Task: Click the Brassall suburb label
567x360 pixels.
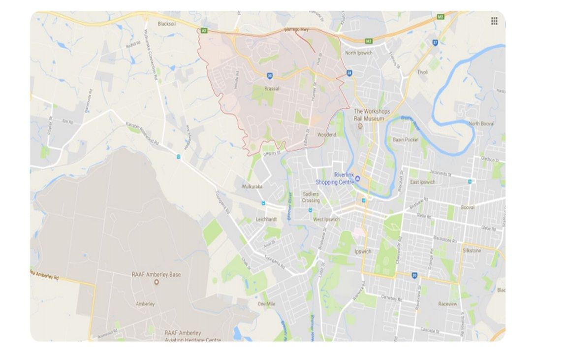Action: [x=272, y=89]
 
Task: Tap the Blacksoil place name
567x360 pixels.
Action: [x=167, y=24]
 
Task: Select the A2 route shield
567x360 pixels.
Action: [x=203, y=31]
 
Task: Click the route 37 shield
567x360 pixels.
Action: [x=435, y=42]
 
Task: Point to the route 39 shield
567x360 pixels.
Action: [x=414, y=275]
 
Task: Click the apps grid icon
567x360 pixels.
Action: [x=494, y=21]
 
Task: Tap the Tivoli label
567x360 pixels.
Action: [x=422, y=72]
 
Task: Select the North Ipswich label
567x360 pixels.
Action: [x=359, y=53]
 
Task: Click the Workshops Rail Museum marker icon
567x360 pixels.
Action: [x=360, y=126]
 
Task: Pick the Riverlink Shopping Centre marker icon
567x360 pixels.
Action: [x=358, y=178]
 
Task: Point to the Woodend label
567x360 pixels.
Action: [x=326, y=134]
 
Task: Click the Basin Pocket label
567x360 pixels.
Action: [x=406, y=140]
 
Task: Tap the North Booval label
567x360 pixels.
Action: [x=481, y=124]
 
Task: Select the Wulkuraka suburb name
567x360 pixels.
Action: [x=252, y=187]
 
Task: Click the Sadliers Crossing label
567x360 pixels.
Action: [x=311, y=197]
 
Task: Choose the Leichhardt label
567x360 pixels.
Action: [x=267, y=220]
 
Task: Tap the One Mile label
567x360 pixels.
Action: [x=266, y=304]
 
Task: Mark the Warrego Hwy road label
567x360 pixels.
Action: [x=296, y=30]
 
